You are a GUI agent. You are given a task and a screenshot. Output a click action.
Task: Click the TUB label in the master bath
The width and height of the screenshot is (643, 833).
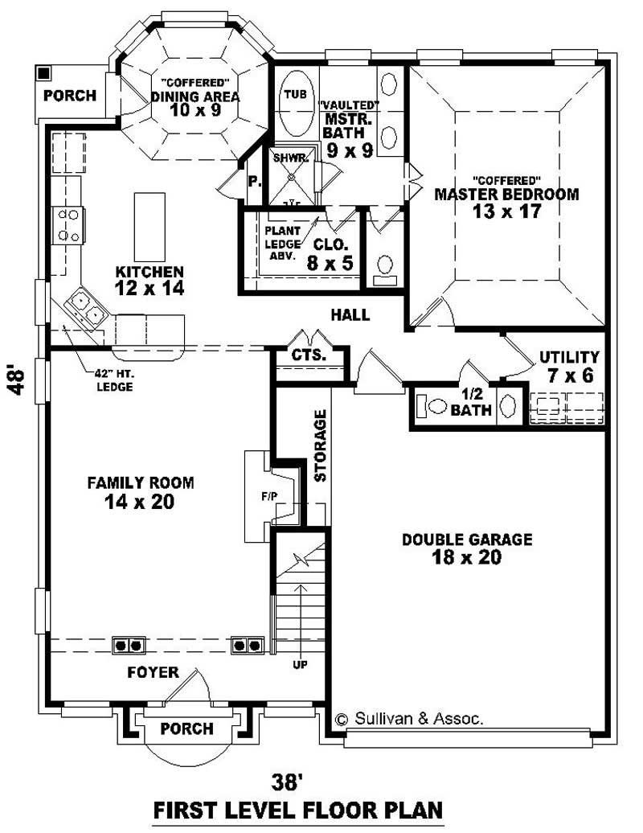click(294, 94)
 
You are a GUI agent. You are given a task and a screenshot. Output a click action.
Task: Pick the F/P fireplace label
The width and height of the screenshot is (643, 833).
click(268, 496)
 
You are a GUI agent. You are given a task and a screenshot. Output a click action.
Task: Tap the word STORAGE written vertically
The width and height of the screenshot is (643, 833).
click(320, 445)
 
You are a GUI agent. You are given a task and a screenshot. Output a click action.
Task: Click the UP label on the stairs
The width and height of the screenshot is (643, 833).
click(300, 664)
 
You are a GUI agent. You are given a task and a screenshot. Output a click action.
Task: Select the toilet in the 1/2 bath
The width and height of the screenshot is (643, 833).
click(436, 407)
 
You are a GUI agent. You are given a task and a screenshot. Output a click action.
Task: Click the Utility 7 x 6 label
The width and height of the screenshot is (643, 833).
click(569, 365)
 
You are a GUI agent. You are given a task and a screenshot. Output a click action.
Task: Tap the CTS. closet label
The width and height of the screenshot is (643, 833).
click(308, 355)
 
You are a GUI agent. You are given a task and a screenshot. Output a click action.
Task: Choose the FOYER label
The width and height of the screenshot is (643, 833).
click(153, 672)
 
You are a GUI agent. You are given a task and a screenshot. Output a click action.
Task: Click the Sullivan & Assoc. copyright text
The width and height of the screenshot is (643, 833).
click(409, 719)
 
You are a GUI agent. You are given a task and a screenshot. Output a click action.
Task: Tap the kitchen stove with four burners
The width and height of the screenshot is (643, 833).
click(68, 225)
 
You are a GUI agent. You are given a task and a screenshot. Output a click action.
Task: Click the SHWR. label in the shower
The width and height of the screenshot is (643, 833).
click(285, 158)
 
